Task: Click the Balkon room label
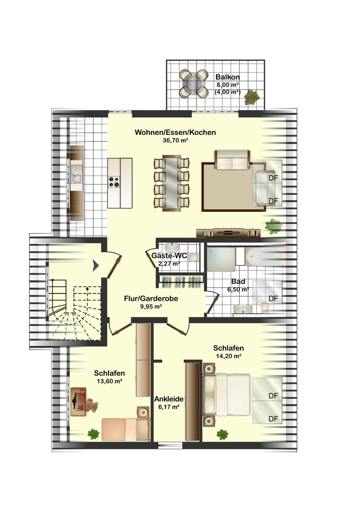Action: coord(227,77)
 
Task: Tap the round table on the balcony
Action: coord(194,83)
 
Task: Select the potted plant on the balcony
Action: coord(252,97)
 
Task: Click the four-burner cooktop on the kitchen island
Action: coord(114,182)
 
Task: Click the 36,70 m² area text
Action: coord(175,141)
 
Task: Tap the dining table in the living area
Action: coord(171,183)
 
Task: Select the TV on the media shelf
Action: coord(228,232)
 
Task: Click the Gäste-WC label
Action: coord(169,255)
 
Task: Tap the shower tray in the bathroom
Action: coord(221,259)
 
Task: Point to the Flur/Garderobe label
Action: coord(151,299)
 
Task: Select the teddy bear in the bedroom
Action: coord(92,406)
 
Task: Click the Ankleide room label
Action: coord(169,399)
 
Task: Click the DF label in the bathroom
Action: coord(273,299)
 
